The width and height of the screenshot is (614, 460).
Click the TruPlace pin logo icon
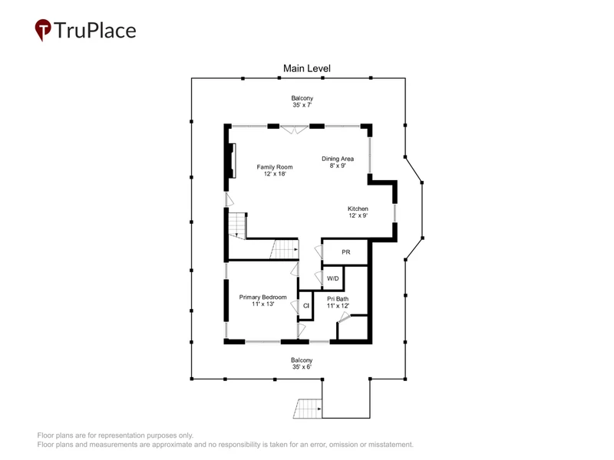tap(43, 30)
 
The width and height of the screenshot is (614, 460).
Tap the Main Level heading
tap(307, 68)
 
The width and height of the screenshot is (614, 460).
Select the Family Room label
tap(275, 167)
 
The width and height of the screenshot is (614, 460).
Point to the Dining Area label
tap(338, 159)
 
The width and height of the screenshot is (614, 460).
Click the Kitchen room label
tap(358, 209)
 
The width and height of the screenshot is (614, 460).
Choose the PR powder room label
tap(346, 252)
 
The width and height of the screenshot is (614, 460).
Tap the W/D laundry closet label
tap(333, 278)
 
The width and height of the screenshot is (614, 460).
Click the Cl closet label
tap(306, 306)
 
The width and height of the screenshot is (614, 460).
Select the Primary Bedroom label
tap(262, 297)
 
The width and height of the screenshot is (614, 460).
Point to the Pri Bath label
tap(338, 299)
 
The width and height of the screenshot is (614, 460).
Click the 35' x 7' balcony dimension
tap(302, 105)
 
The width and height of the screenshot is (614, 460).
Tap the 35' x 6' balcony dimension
tap(302, 367)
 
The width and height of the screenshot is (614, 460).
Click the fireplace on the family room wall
tap(233, 161)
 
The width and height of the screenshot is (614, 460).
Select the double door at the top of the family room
tap(295, 129)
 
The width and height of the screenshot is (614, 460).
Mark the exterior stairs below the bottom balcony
tap(308, 409)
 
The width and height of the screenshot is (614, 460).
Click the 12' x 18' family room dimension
tap(275, 174)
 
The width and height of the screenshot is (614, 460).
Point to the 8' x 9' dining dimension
tap(338, 166)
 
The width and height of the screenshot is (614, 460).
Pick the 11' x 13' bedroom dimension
tap(262, 304)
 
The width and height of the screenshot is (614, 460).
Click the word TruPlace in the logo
tap(95, 31)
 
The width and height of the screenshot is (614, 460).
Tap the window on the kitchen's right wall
tap(394, 213)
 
